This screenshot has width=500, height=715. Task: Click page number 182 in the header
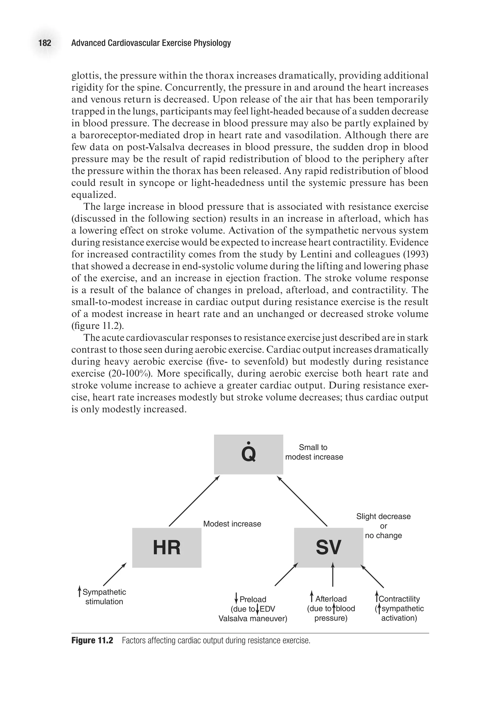pos(45,43)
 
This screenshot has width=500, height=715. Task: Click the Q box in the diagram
pos(248,454)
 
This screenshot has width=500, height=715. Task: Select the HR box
pos(167,548)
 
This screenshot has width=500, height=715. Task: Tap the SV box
pos(329,548)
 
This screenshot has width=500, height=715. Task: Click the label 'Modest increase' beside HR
pos(232,524)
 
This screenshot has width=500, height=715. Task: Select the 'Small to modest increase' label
pos(314,452)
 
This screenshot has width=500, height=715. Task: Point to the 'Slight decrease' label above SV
pos(383,516)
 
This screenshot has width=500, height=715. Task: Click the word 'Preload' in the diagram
pos(253,599)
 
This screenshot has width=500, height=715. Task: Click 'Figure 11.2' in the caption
pos(92,640)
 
